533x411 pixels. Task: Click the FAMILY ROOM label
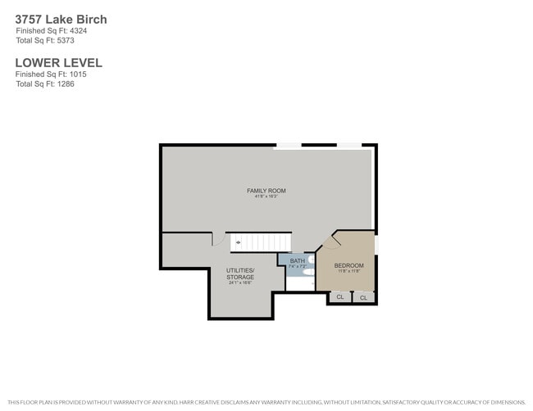tap(266, 191)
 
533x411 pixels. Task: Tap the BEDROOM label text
tap(348, 265)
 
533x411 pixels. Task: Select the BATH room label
tap(297, 260)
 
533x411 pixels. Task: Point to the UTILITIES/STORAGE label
tap(240, 273)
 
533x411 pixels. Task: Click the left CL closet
tap(340, 297)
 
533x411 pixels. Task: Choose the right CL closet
tap(364, 297)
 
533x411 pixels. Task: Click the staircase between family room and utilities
tap(261, 242)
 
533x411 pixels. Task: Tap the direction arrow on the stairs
tap(238, 242)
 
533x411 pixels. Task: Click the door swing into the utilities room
tap(218, 239)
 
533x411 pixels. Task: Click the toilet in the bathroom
tap(309, 272)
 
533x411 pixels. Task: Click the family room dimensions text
tap(266, 197)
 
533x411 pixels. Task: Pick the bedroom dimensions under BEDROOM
tap(348, 272)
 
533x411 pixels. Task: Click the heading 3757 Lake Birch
tap(61, 19)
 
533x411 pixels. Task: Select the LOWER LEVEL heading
tap(58, 62)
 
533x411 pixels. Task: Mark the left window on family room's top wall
tap(287, 146)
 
